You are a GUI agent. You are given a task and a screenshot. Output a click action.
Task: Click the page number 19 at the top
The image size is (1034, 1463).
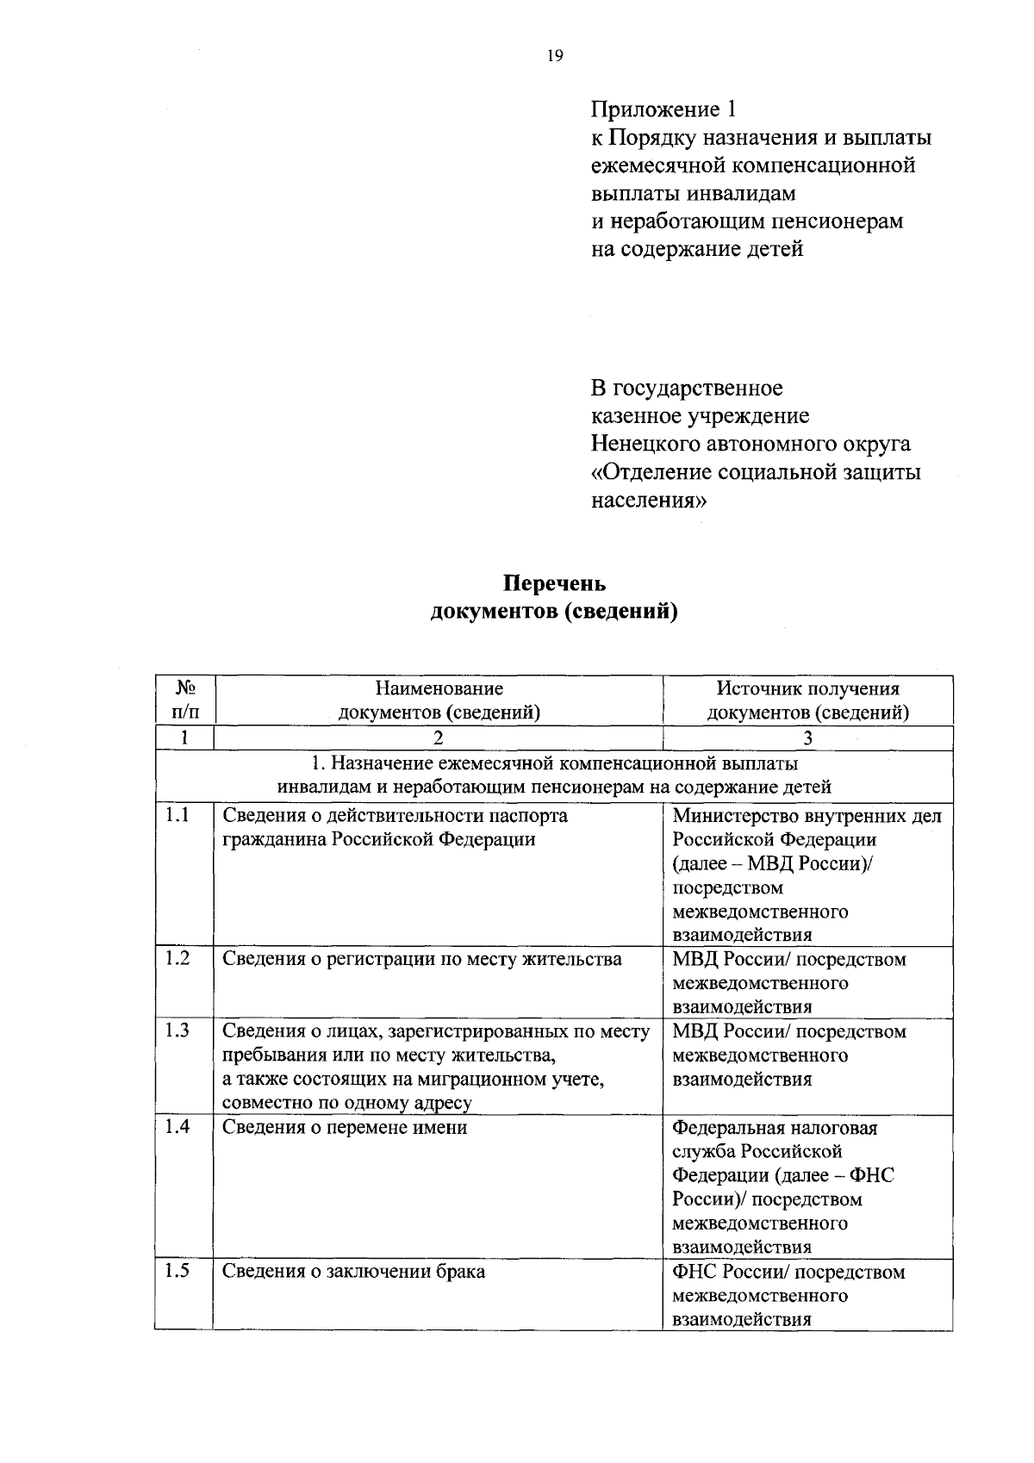click(554, 56)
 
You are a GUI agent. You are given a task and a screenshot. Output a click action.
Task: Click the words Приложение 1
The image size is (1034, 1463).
click(663, 109)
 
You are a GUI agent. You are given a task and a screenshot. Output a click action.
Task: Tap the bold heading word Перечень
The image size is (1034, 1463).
click(554, 583)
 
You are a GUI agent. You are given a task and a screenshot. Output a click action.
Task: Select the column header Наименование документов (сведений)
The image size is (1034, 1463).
click(439, 700)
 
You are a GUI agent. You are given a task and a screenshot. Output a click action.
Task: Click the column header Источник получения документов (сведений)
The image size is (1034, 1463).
click(807, 700)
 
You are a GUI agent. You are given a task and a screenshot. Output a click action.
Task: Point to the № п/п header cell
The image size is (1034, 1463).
click(184, 700)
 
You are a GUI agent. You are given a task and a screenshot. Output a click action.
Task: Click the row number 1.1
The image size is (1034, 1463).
click(178, 814)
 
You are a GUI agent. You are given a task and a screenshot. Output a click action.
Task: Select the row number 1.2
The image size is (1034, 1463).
click(178, 958)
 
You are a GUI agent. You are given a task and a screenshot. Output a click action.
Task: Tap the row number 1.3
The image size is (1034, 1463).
click(178, 1030)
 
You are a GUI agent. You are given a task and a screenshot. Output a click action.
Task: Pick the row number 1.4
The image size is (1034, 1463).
click(178, 1126)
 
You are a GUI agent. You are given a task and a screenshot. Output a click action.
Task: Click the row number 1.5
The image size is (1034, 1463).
click(178, 1270)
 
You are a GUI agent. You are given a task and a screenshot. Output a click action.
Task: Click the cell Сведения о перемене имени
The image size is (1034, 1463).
click(345, 1127)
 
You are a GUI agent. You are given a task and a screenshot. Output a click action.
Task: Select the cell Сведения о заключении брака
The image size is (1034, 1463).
click(353, 1271)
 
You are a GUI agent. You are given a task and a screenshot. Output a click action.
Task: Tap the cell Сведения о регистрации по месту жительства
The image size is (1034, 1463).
click(422, 959)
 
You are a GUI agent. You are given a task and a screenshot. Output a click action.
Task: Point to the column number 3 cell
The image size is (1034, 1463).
click(807, 738)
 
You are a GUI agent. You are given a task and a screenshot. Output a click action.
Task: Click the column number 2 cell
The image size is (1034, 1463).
click(439, 738)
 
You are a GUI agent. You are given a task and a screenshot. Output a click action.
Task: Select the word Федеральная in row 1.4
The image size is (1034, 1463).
click(726, 1127)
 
